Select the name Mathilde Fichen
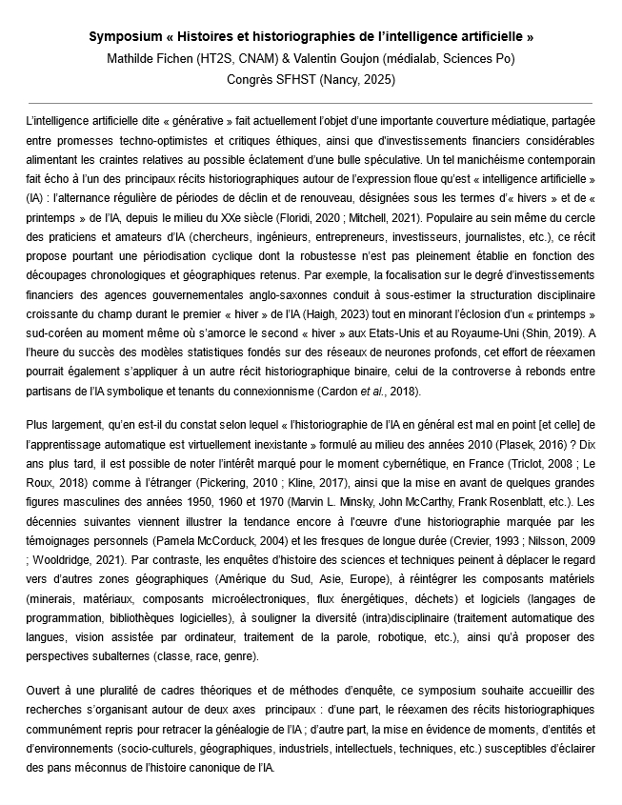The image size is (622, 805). [147, 58]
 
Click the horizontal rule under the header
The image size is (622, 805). [311, 102]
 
